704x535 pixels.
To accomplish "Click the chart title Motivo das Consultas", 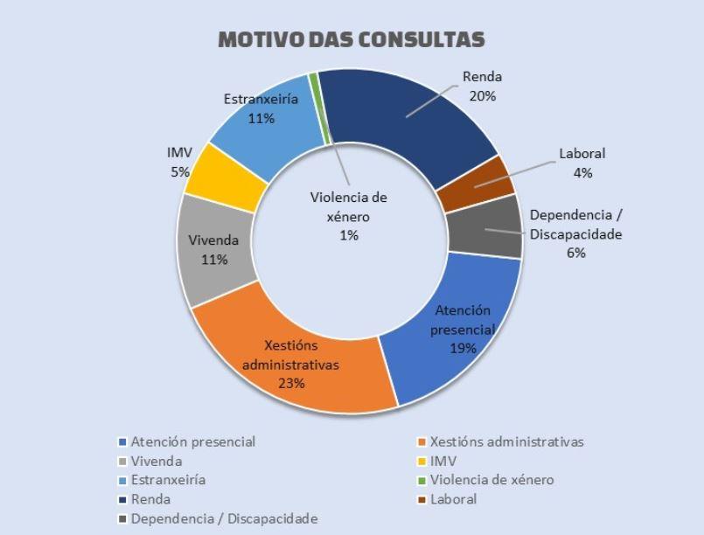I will (x=351, y=40).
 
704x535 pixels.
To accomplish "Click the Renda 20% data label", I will (x=482, y=87).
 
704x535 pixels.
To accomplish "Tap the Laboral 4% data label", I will (x=582, y=163).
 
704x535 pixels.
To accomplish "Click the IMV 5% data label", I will (x=179, y=162).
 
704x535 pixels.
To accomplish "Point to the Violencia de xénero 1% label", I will (x=348, y=216).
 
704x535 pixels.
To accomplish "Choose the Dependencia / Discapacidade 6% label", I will (x=575, y=233).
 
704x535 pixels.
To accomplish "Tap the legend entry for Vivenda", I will (x=157, y=461).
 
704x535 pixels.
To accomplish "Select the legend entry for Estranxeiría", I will (x=168, y=480).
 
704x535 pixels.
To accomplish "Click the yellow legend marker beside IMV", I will (x=422, y=461).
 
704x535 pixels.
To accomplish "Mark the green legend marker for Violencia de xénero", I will (x=422, y=480).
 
